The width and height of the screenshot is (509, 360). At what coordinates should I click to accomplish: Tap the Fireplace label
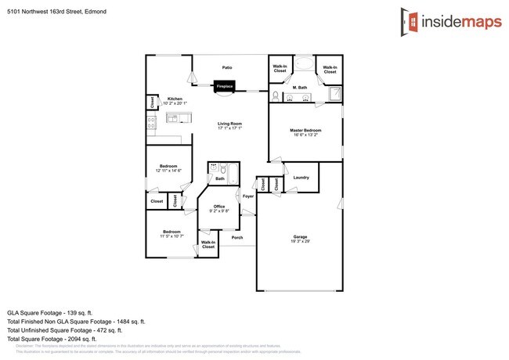224,87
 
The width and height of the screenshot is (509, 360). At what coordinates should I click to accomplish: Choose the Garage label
299,238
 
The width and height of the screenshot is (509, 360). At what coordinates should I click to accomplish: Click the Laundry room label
301,178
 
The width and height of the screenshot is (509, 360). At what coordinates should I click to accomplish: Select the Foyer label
247,196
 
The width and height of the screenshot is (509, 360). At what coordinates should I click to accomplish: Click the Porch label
236,237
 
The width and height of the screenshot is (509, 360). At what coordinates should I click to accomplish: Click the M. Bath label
299,88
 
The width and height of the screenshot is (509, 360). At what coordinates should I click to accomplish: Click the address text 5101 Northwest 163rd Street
45,12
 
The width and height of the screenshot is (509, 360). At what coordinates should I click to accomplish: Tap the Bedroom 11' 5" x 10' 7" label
171,233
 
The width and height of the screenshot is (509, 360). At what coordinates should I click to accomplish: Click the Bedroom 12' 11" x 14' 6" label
170,168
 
